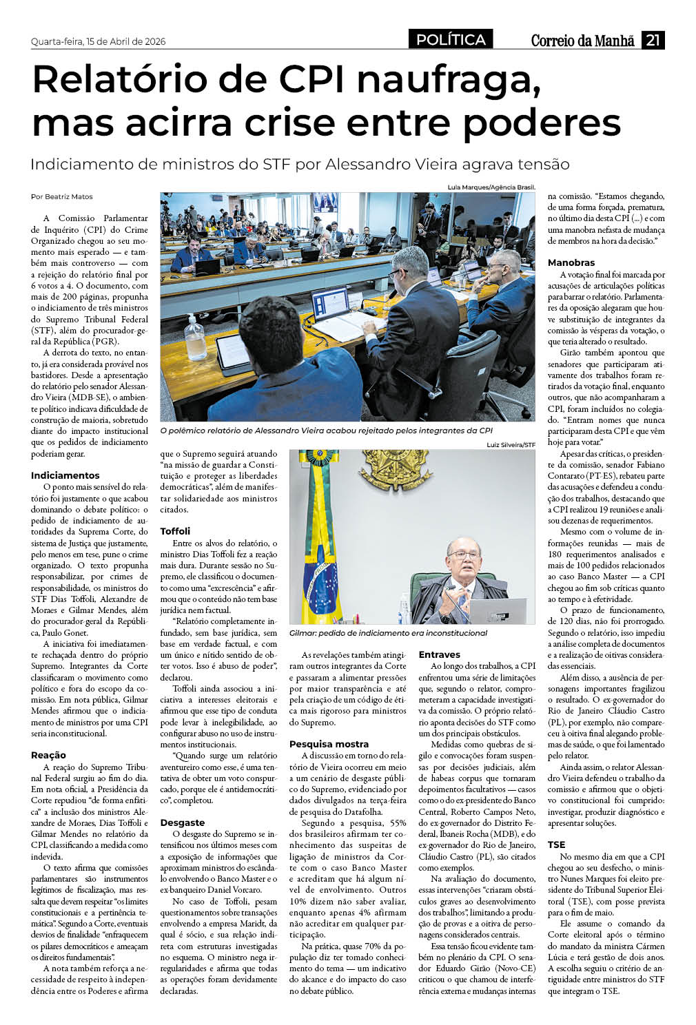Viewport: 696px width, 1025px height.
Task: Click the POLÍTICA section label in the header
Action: [451, 40]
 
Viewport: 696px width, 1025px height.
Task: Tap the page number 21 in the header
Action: [653, 40]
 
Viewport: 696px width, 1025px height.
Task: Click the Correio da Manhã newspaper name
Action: [582, 41]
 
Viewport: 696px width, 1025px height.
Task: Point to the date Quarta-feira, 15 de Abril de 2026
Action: [98, 41]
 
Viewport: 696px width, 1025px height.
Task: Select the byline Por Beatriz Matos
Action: [61, 197]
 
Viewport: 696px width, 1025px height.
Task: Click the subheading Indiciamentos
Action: [65, 475]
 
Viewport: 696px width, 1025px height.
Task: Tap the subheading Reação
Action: [48, 755]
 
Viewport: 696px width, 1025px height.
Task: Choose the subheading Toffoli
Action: [175, 531]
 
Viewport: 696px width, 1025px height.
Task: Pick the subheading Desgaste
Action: [182, 822]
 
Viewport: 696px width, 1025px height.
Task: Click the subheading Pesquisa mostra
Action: [329, 744]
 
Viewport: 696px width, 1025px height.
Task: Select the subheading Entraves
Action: [439, 654]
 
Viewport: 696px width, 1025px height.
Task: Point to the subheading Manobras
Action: [571, 262]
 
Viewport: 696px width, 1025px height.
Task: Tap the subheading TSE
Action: [556, 845]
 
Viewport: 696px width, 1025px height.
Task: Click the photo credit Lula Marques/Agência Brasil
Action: [491, 187]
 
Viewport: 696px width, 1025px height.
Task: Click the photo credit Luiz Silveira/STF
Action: [511, 445]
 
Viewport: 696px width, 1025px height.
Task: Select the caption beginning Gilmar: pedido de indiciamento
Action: [388, 633]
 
